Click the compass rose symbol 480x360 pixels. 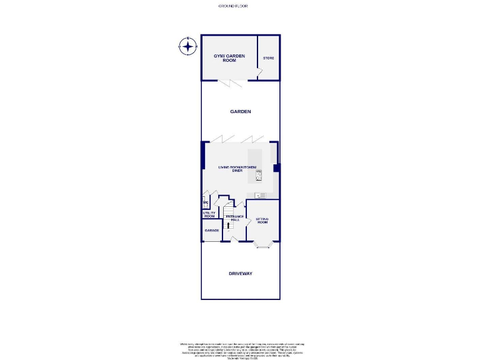point(187,46)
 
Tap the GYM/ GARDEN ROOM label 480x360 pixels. point(229,58)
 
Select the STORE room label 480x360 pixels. point(268,58)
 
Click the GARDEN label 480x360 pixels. point(241,112)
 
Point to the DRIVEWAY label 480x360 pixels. point(241,274)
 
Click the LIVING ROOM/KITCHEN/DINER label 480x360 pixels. point(237,169)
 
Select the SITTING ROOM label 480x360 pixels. point(262,220)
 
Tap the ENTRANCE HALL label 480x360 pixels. point(234,218)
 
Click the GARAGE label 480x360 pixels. point(211,231)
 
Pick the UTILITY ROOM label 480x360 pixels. point(209,214)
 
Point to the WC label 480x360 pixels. point(204,202)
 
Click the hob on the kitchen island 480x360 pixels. point(258,174)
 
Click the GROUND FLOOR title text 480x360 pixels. point(232,5)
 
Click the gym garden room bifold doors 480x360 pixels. point(231,82)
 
